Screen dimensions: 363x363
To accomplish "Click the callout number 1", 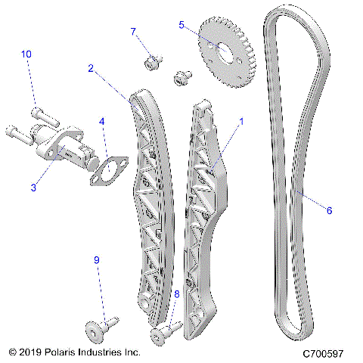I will click(241, 120).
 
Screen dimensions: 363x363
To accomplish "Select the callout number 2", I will click(91, 68).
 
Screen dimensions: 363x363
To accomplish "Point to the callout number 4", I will click(102, 121).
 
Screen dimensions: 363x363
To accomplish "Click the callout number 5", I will click(181, 24).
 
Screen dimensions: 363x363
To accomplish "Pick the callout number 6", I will click(329, 211).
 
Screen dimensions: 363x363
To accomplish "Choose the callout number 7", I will click(134, 32).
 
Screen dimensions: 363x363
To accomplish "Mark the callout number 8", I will click(177, 293).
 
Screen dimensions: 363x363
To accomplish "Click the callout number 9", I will click(96, 260).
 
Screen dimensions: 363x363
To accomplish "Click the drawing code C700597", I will click(323, 353).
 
